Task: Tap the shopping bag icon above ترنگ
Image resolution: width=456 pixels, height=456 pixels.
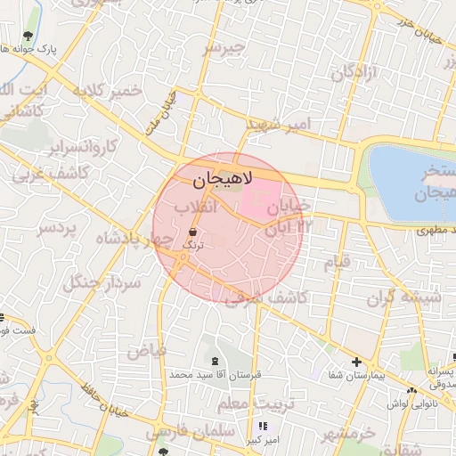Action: [x=193, y=231]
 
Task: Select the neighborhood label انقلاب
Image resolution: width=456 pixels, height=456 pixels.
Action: [x=189, y=209]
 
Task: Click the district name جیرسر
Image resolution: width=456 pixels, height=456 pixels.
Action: [x=223, y=48]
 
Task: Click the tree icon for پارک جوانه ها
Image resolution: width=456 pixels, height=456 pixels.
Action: [x=28, y=36]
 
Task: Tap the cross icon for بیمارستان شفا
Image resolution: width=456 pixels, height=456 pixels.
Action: [x=356, y=362]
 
